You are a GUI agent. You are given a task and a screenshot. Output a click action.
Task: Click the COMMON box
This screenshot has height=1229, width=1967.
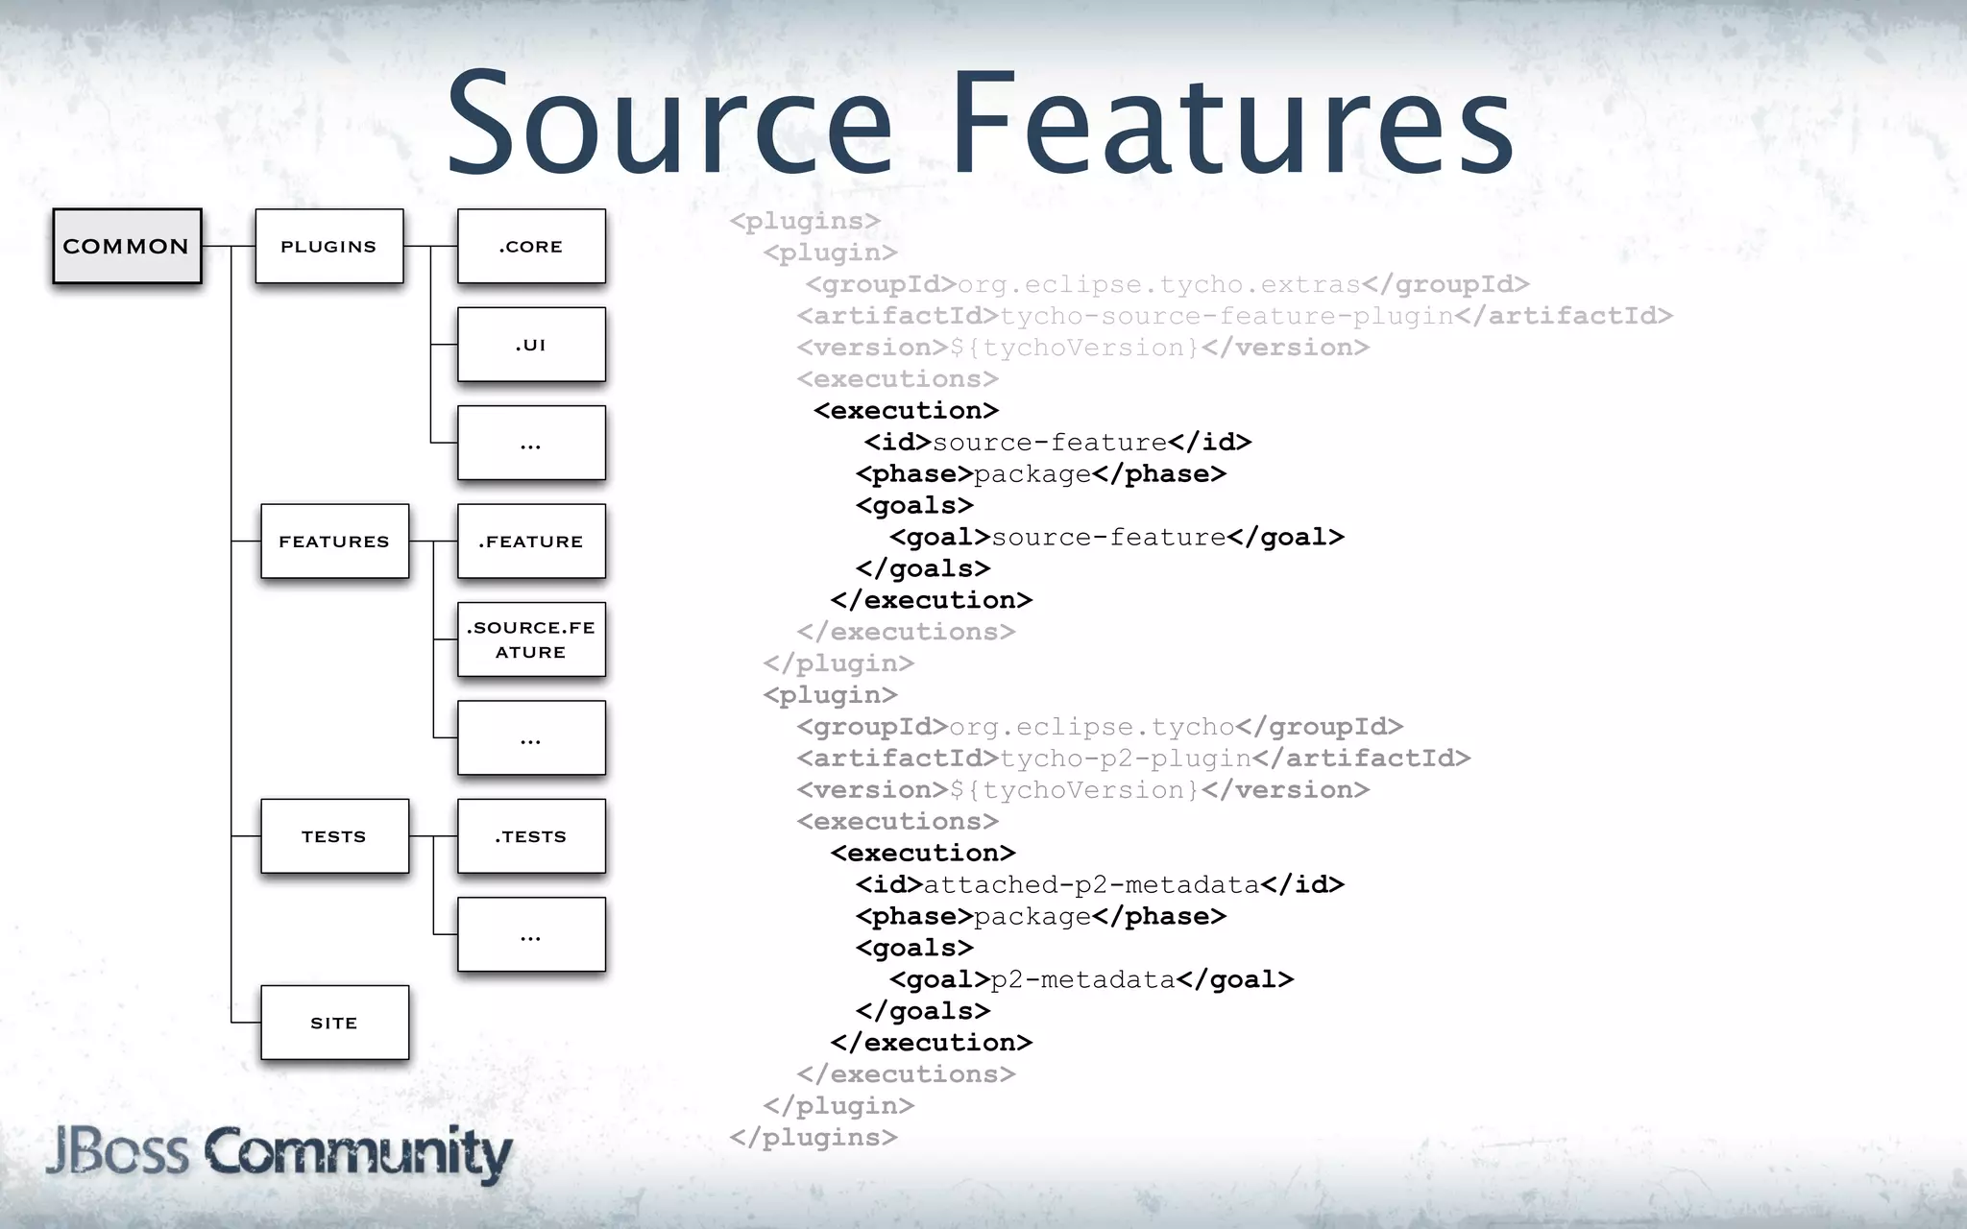(x=127, y=247)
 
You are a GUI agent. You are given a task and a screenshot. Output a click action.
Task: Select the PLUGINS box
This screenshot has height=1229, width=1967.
(x=328, y=247)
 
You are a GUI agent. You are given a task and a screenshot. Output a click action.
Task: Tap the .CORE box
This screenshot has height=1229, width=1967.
(x=531, y=247)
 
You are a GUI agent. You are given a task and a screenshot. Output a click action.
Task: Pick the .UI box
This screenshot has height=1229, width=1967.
(x=531, y=345)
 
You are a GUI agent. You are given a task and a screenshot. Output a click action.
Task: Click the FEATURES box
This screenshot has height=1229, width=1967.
(x=334, y=542)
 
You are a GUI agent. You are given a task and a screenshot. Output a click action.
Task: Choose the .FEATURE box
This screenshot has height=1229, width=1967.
(x=531, y=542)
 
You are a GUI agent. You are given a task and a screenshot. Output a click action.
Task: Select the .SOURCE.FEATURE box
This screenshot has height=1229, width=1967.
(x=531, y=639)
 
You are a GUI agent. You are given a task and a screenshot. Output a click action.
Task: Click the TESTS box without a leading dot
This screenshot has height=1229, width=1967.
(x=334, y=836)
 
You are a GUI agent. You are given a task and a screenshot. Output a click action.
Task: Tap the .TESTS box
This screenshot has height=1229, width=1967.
(x=531, y=836)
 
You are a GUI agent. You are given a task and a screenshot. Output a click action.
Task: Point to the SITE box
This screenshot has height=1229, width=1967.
(x=334, y=1024)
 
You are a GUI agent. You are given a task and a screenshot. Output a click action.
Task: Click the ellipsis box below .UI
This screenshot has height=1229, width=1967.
(x=531, y=444)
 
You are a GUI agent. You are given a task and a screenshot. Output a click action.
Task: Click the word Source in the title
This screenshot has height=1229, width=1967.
(x=669, y=125)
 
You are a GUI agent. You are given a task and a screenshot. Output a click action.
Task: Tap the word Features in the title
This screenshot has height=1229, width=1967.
(x=1232, y=125)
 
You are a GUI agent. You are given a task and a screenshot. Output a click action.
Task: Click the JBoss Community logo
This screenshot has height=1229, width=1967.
(x=279, y=1152)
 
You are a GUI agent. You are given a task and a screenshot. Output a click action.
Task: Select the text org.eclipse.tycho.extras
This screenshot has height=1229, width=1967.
(x=1158, y=285)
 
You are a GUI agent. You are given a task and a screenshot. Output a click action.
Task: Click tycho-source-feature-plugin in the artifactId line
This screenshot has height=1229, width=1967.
(x=1226, y=317)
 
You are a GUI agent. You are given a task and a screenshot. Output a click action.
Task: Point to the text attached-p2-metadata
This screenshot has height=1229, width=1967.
(x=1090, y=884)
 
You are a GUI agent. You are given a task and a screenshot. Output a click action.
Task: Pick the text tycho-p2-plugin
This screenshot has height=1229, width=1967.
(x=1125, y=759)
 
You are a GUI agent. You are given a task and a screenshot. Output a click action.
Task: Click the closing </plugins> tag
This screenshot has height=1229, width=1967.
(x=813, y=1138)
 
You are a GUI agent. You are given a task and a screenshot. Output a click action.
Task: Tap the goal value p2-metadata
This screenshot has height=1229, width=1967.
(x=1082, y=979)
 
